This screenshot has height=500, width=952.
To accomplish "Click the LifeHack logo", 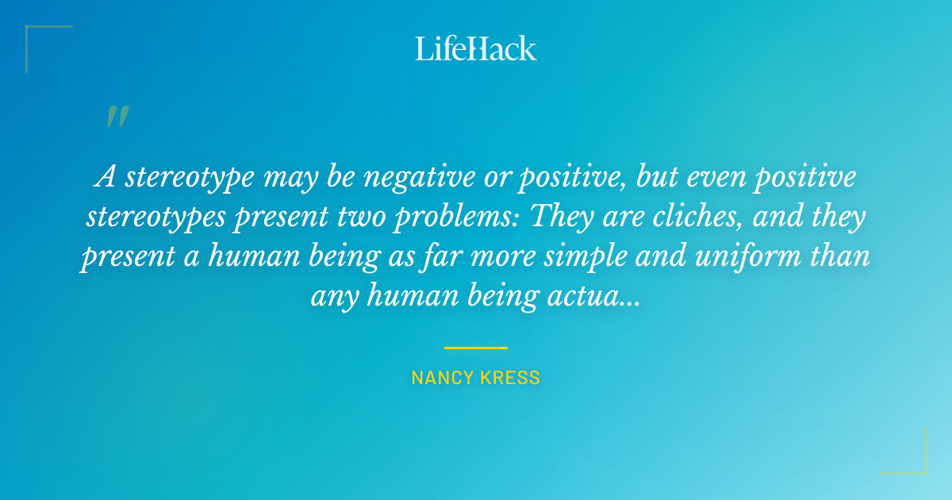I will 476,48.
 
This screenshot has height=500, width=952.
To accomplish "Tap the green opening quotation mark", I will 117,117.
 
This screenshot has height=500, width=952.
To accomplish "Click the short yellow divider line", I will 476,348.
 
